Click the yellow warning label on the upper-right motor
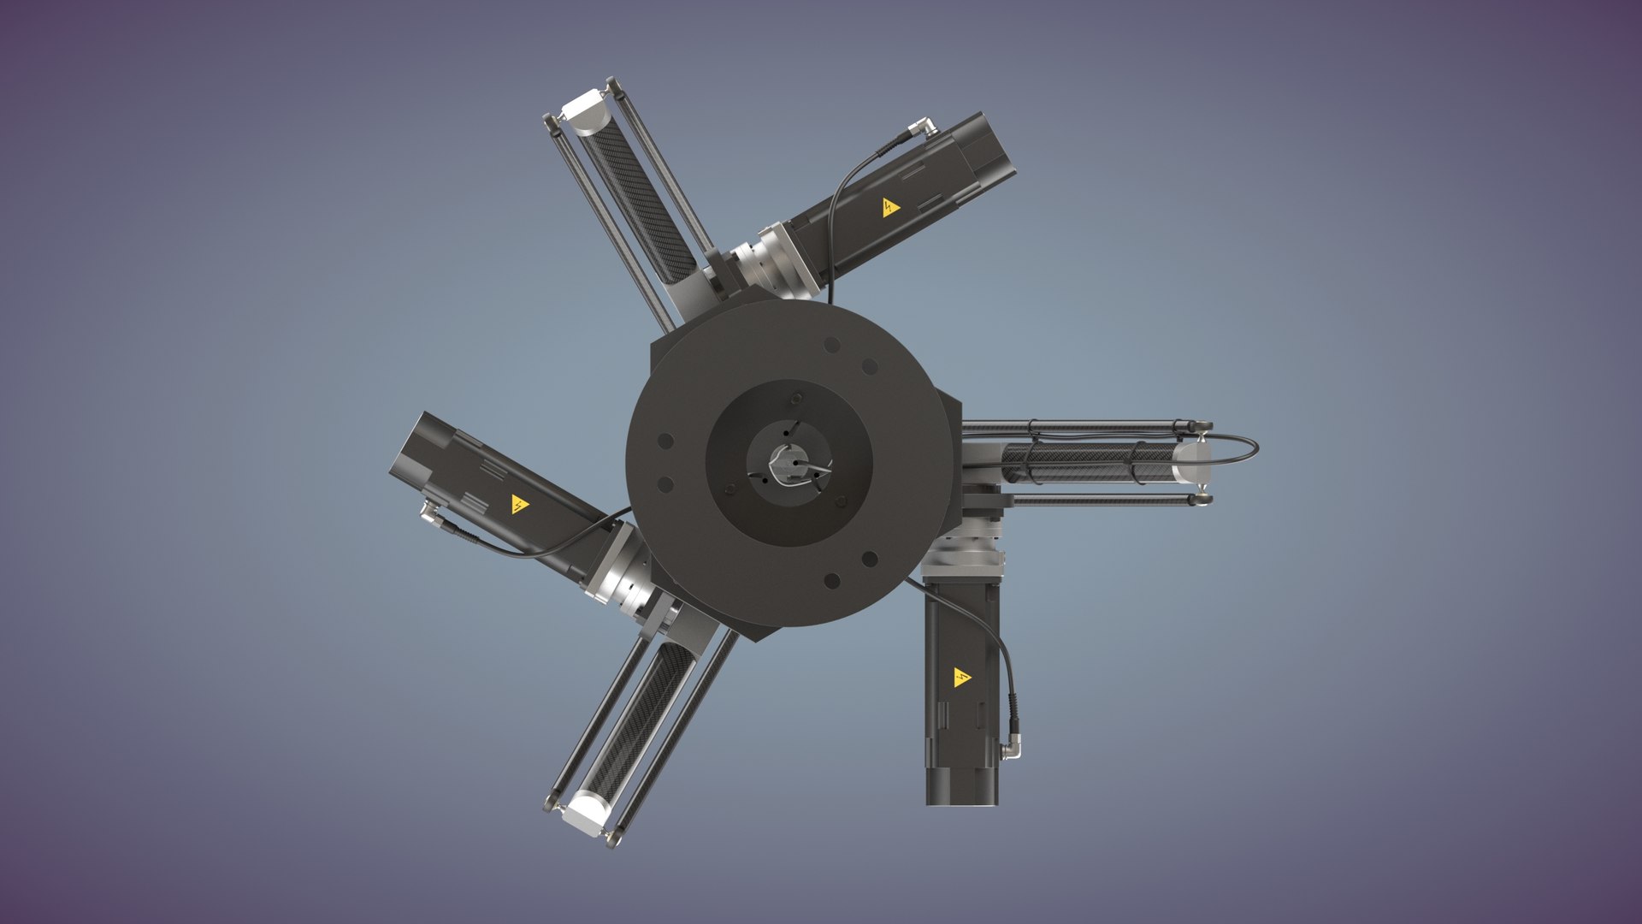pos(891,206)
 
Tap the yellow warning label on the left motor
pos(519,504)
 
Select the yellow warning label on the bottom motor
pos(962,678)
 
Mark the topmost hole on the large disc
pos(831,345)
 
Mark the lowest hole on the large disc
pos(831,582)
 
